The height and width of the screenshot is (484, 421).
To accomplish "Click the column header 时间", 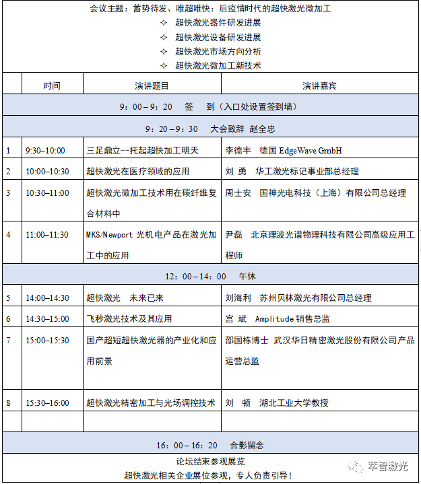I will click(x=52, y=85).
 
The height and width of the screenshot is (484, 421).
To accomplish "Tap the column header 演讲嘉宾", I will click(x=319, y=85).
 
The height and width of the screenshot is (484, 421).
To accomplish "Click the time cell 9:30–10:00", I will click(x=45, y=151).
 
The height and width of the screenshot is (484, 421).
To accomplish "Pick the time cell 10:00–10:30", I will click(x=47, y=172).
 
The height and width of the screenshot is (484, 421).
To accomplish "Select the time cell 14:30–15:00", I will click(x=47, y=318).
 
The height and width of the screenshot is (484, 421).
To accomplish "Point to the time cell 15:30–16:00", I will click(x=47, y=403).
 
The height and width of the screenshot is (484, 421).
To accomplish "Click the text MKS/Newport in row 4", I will click(x=110, y=235).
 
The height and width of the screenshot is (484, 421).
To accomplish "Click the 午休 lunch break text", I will click(x=247, y=277).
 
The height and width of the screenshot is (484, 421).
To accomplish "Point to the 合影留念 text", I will click(x=247, y=445).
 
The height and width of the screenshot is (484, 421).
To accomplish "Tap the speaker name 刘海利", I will click(x=238, y=298).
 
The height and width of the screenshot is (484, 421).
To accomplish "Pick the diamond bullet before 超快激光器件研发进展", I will click(x=164, y=24).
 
